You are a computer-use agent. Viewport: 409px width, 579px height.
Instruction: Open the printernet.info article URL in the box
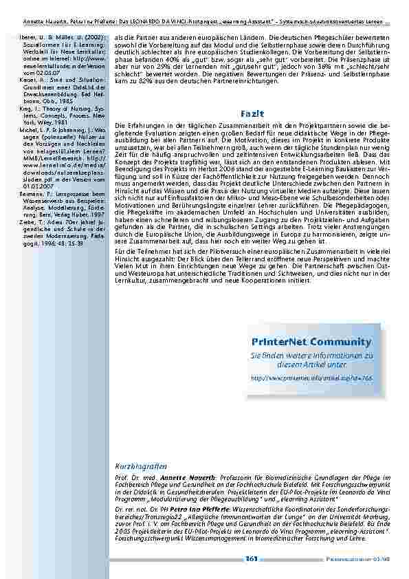[x=311, y=378]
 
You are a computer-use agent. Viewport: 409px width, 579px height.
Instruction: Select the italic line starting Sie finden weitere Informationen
[x=311, y=360]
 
